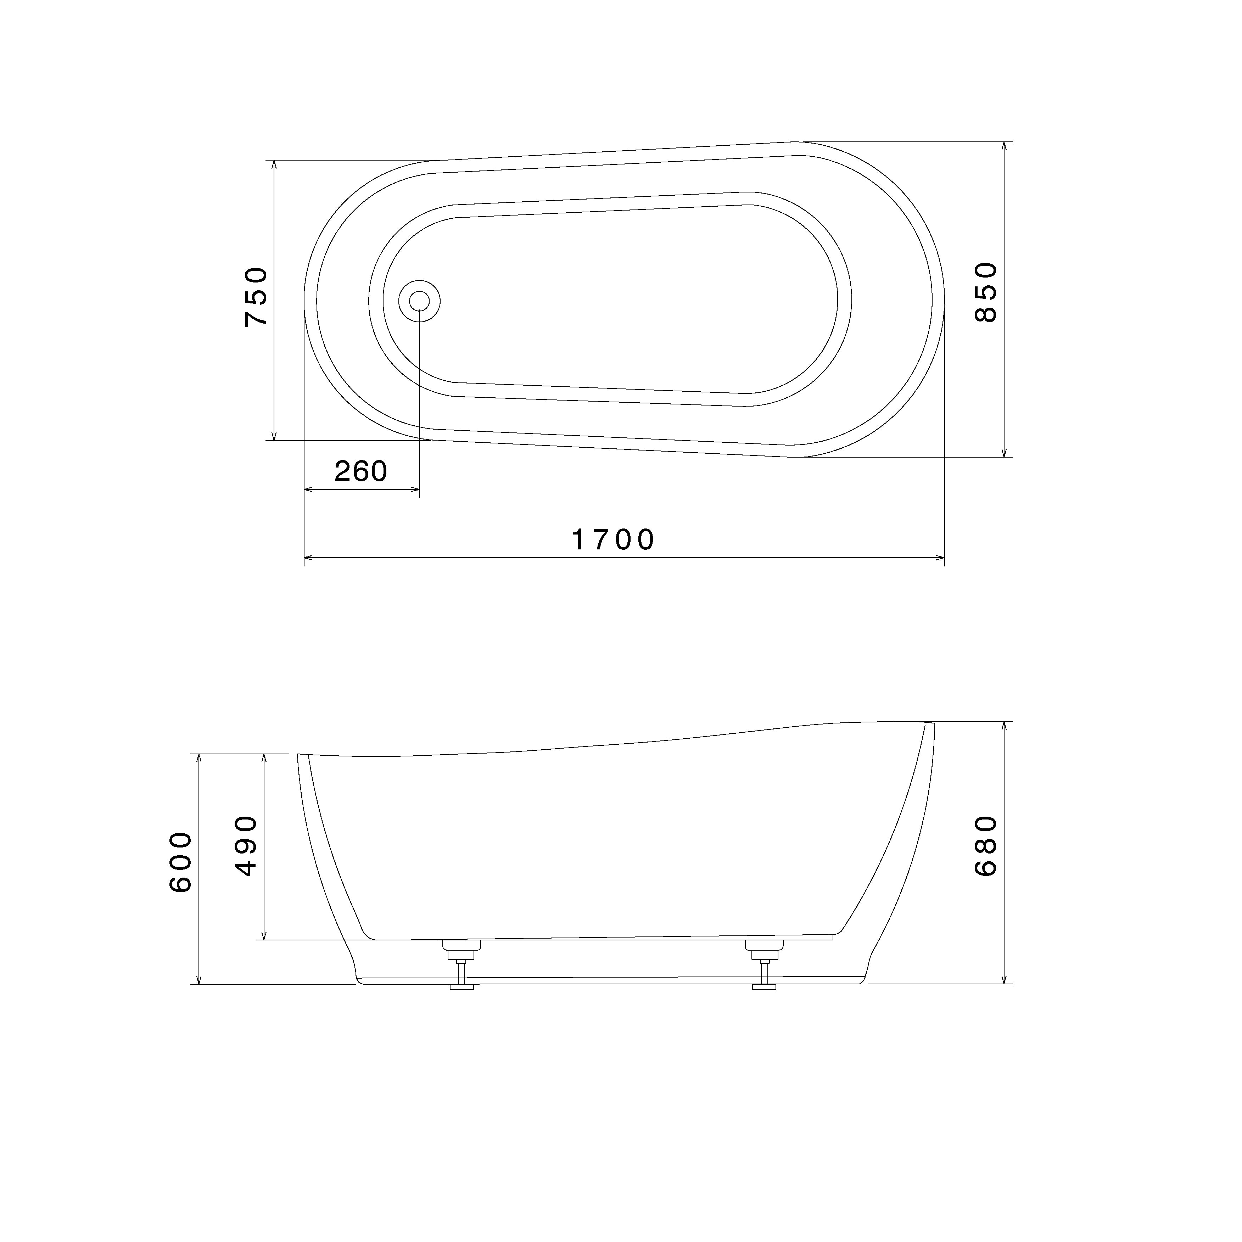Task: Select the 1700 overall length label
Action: (613, 539)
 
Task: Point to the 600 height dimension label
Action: (180, 862)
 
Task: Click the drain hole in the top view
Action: (420, 300)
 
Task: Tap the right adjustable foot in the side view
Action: (764, 965)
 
